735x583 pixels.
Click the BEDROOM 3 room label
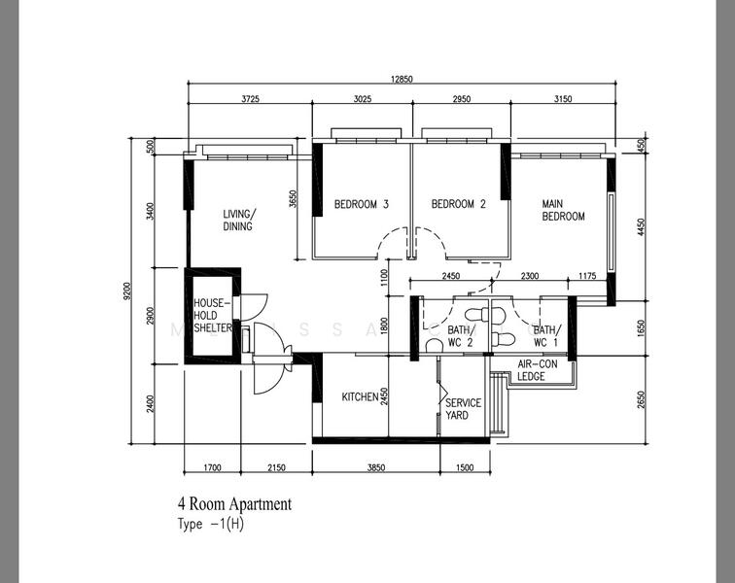[362, 205]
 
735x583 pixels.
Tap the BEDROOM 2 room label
[458, 205]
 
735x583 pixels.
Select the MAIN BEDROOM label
[563, 210]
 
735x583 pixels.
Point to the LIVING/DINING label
[237, 221]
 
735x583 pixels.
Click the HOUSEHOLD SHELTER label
[212, 316]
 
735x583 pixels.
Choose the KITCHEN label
[359, 397]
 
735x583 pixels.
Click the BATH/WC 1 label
[545, 336]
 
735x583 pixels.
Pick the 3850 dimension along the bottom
[375, 468]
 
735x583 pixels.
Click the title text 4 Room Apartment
[233, 504]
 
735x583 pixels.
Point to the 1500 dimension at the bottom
[464, 468]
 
